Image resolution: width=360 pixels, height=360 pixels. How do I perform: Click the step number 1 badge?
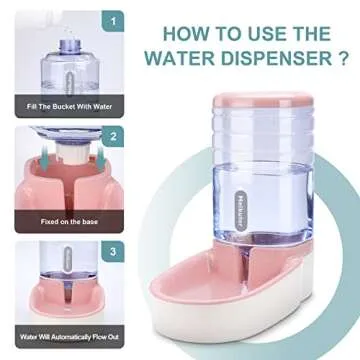pyautogui.click(x=113, y=21)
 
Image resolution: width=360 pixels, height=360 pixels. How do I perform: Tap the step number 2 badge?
pyautogui.click(x=113, y=137)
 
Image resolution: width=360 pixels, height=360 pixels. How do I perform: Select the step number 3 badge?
pyautogui.click(x=113, y=252)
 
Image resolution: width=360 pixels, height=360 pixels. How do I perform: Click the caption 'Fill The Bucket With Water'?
pyautogui.click(x=69, y=107)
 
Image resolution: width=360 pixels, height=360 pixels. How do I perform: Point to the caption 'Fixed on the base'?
pyautogui.click(x=69, y=221)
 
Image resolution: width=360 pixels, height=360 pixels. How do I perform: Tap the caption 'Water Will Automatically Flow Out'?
pyautogui.click(x=69, y=337)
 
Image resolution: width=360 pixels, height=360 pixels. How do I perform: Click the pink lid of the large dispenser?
pyautogui.click(x=263, y=101)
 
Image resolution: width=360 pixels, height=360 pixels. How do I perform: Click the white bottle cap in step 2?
pyautogui.click(x=73, y=153)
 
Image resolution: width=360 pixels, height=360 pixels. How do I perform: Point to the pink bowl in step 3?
pyautogui.click(x=67, y=298)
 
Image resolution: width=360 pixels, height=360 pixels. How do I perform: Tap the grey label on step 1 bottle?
pyautogui.click(x=69, y=83)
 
